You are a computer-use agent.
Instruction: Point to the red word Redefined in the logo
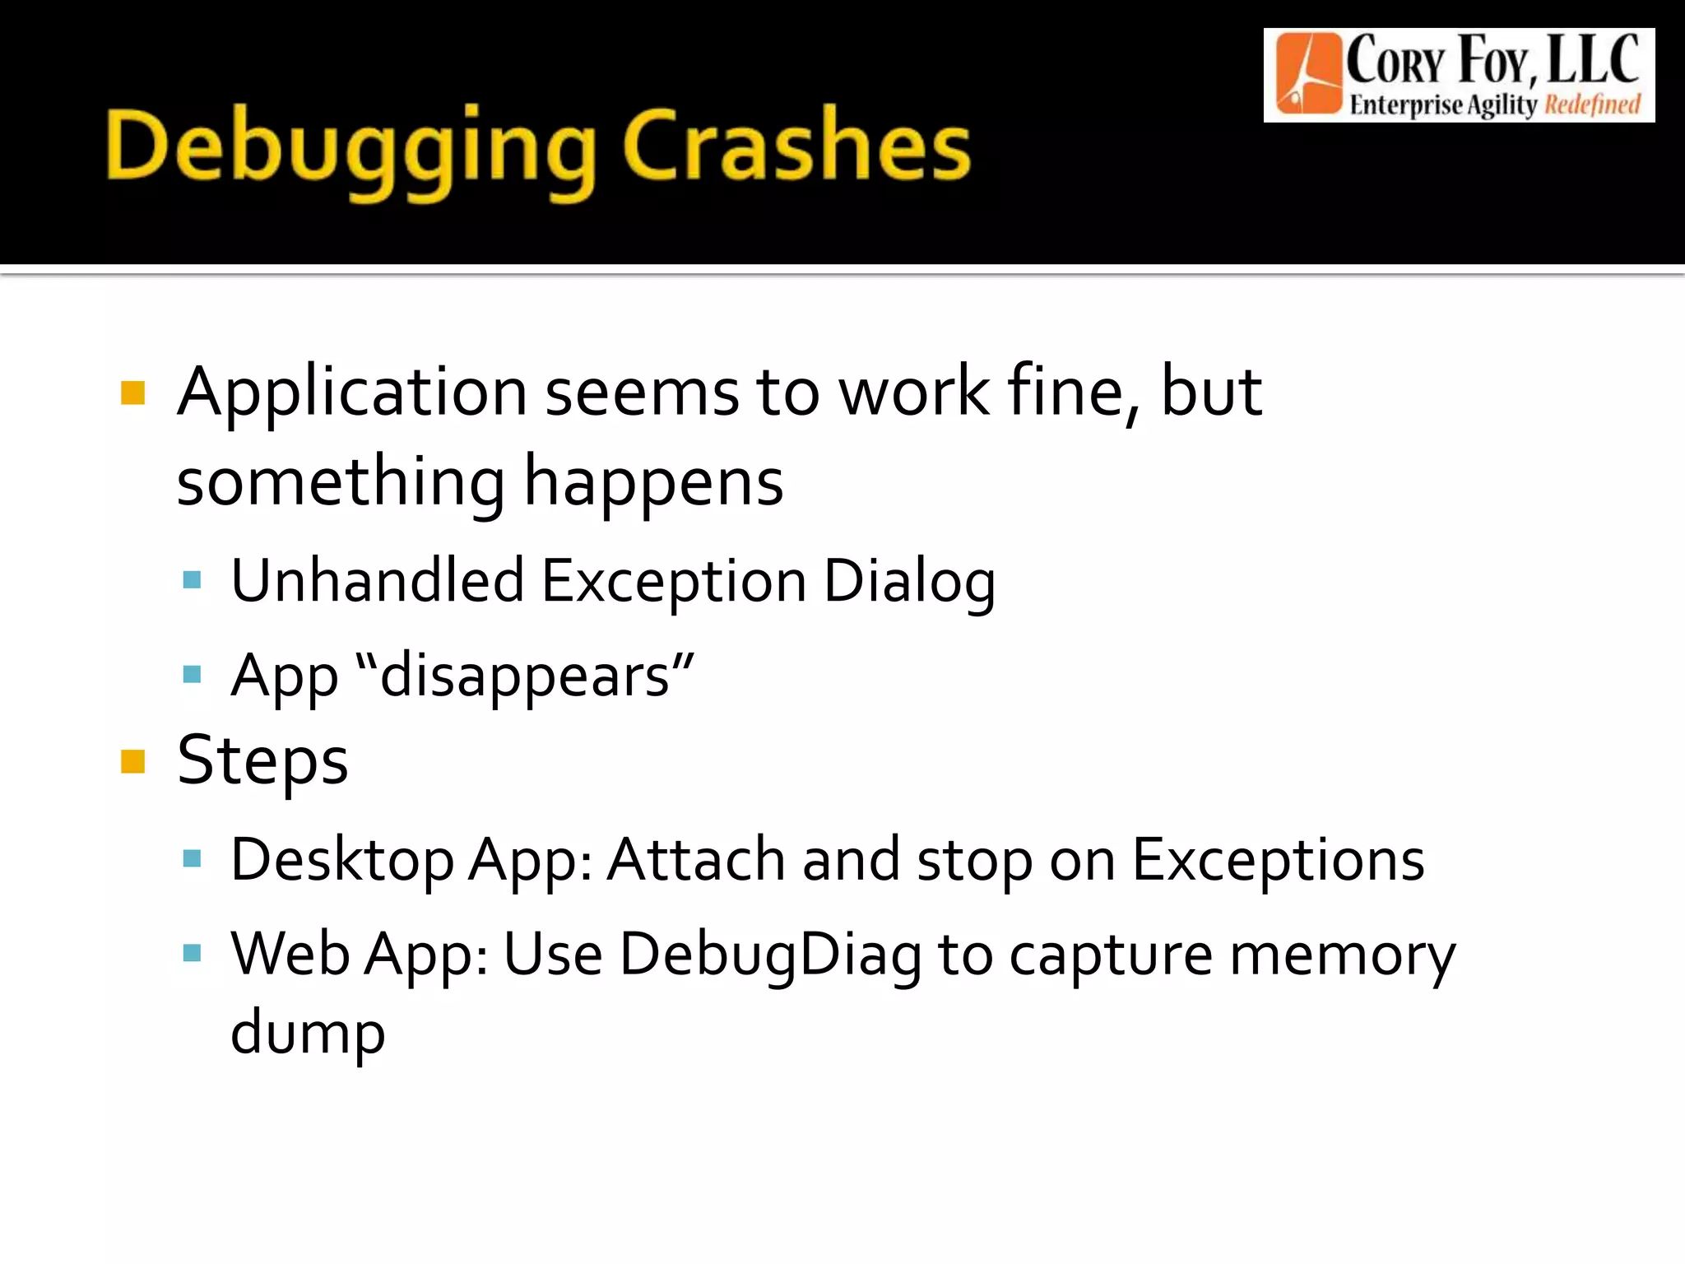tap(1592, 105)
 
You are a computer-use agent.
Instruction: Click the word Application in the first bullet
tap(352, 393)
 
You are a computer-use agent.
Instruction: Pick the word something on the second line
tap(341, 482)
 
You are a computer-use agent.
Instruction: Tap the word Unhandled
tap(377, 581)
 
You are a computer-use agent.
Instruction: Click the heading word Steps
tap(263, 760)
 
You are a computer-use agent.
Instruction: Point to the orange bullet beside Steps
tap(132, 761)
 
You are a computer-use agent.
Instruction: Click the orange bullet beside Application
tap(132, 393)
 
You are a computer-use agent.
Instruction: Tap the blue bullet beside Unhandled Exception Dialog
tap(193, 580)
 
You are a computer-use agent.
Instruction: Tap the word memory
tap(1343, 955)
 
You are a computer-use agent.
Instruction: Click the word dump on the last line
tap(308, 1034)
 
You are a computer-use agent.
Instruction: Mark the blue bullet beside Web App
tap(193, 954)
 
